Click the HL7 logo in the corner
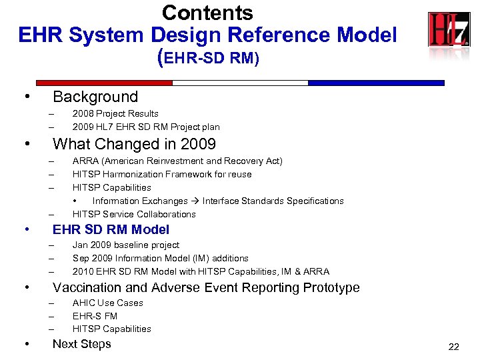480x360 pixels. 449,30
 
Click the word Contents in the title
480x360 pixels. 207,13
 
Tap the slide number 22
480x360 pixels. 454,347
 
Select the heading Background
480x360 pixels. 95,97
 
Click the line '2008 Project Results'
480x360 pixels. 115,114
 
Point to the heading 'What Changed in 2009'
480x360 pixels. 134,144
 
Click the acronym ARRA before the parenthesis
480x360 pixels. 85,161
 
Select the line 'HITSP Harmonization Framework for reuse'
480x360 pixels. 162,175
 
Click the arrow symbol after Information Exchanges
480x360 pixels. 195,201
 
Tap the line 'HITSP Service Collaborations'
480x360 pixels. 134,215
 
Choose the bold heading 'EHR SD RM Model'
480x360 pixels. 111,230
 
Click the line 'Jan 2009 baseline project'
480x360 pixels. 126,245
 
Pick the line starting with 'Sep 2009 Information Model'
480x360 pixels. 160,259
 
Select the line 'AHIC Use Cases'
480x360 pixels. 107,303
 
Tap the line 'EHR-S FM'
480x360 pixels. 95,316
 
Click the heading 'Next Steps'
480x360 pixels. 81,344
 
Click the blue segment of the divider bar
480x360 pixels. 376,83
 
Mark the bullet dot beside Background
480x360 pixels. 26,97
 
